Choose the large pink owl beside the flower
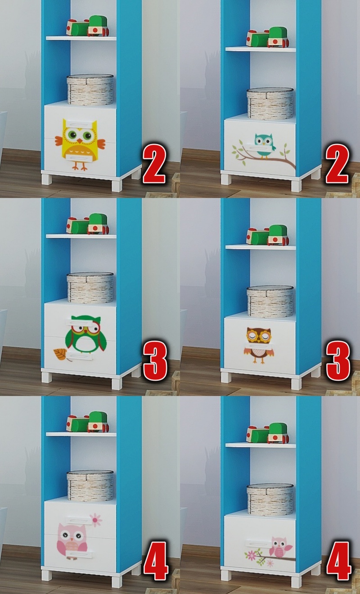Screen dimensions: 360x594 72,541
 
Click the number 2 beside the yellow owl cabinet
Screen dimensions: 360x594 154,164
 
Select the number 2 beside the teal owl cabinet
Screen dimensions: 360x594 337,164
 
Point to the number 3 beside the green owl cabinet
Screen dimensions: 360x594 155,361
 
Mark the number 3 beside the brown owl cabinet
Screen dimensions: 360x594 338,361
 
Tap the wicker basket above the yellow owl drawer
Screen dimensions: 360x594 90,90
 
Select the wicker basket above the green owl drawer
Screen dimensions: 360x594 90,288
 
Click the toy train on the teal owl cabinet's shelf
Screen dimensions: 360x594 267,37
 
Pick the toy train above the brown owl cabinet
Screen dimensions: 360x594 267,235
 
